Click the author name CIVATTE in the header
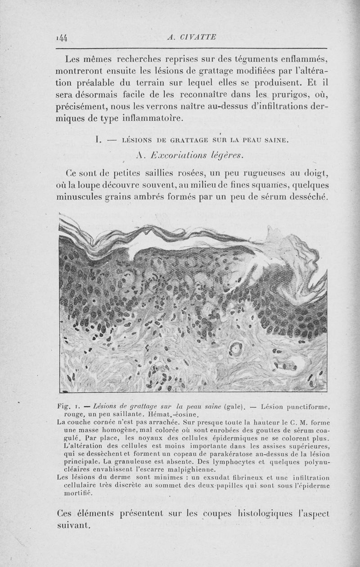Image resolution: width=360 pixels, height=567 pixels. pos(198,37)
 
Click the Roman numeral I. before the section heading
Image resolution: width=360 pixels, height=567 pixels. pos(96,141)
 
